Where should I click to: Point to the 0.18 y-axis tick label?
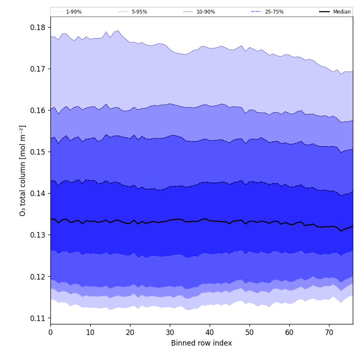click(x=37, y=28)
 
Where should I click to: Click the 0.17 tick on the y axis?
click(x=37, y=69)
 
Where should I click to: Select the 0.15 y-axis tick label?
click(x=37, y=152)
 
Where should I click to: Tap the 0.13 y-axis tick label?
click(x=37, y=235)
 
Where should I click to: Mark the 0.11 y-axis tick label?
click(x=37, y=318)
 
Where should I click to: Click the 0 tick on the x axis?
click(x=50, y=332)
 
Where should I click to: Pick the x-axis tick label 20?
click(x=130, y=332)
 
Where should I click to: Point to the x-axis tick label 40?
click(x=210, y=332)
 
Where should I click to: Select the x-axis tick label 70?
click(x=329, y=332)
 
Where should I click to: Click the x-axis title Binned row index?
click(x=202, y=343)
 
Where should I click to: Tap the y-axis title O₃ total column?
click(x=23, y=170)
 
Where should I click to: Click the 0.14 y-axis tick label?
click(x=37, y=194)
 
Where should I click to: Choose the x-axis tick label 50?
click(x=249, y=332)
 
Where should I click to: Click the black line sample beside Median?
click(x=324, y=12)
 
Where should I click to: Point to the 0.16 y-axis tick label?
click(x=37, y=111)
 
